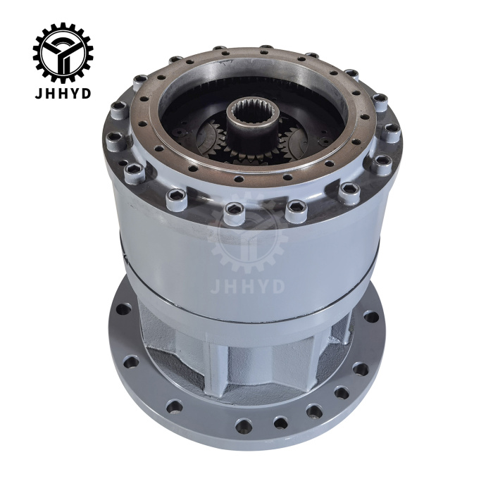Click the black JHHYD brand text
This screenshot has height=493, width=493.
tap(63, 94)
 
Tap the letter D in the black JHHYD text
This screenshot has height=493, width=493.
tap(87, 94)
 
